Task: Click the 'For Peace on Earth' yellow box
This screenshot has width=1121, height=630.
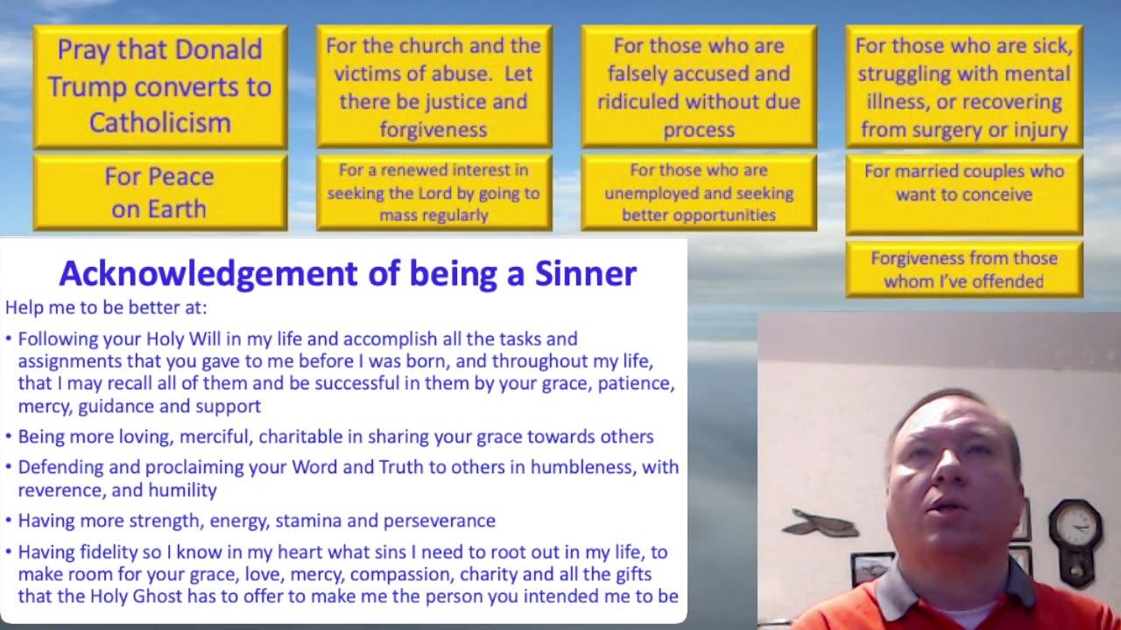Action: (160, 192)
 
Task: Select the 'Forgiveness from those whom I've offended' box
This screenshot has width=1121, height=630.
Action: (964, 270)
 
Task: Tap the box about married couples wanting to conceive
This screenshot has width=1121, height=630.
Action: (964, 194)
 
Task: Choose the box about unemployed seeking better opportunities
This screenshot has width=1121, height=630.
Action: (699, 192)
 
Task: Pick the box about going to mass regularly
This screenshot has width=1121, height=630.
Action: (434, 192)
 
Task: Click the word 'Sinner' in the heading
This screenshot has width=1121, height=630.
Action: (586, 274)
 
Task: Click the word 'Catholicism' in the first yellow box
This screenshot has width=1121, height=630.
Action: (160, 122)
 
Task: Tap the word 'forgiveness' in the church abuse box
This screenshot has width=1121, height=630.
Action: (434, 130)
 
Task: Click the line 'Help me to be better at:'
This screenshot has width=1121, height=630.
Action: (106, 307)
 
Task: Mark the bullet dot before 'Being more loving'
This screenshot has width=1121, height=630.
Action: (9, 436)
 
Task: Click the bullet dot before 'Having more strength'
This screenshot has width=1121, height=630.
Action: (9, 520)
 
